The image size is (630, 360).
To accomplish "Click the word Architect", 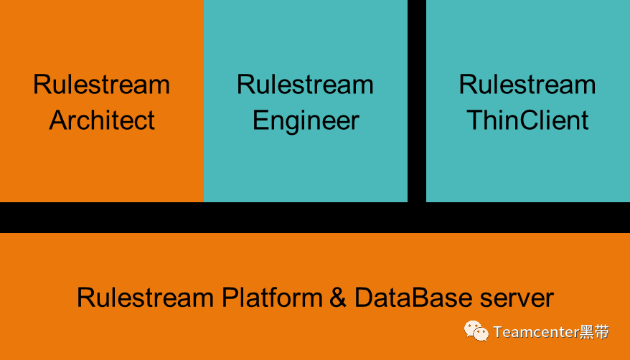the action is (x=102, y=120).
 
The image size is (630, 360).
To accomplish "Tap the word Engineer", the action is (x=306, y=120).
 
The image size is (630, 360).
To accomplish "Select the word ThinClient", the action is (x=527, y=120).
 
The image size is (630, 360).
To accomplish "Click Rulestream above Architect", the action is (x=102, y=85).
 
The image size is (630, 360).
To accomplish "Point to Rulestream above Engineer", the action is (x=306, y=85).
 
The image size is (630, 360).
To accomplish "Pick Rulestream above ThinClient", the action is (x=527, y=85).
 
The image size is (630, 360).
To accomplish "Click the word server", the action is (x=516, y=297).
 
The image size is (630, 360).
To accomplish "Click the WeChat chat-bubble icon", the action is (x=476, y=331).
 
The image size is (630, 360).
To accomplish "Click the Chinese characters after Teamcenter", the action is (x=595, y=332).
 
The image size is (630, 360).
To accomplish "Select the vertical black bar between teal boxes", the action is (x=417, y=100).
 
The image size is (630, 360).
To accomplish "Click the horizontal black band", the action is (x=315, y=217).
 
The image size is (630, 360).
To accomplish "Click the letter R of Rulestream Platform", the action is (x=85, y=297).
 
